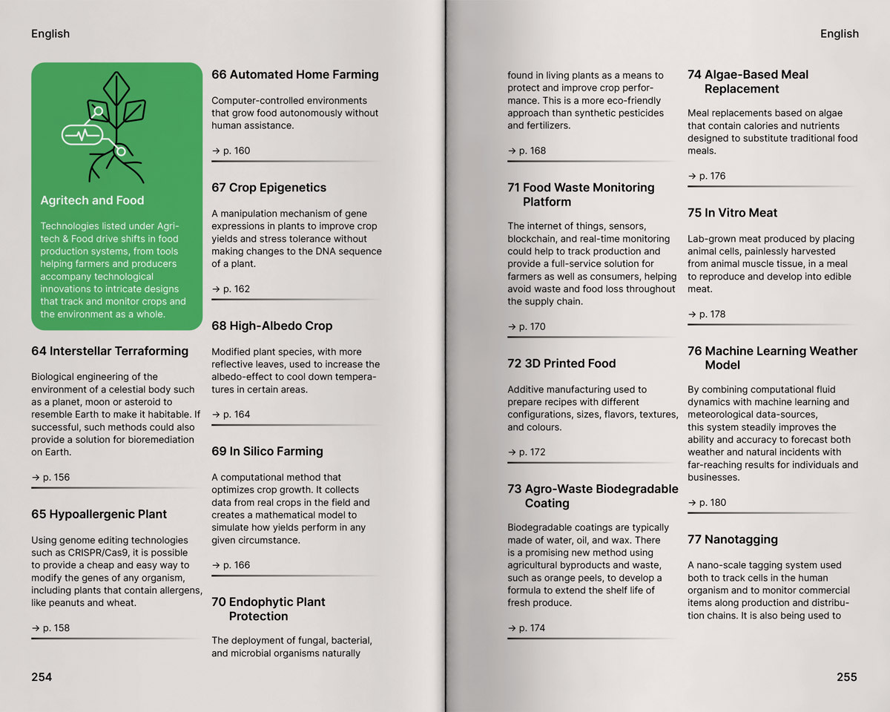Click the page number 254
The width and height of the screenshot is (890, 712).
coord(42,676)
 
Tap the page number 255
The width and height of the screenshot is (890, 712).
coord(846,676)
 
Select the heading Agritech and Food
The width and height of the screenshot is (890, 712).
coord(92,200)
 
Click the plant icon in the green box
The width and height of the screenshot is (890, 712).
coord(111,126)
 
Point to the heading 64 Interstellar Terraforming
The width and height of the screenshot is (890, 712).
coord(110,351)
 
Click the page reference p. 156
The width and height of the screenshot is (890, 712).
coord(51,477)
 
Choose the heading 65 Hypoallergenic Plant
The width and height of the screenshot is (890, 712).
coord(99,514)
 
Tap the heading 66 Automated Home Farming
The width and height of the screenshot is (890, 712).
coord(295,74)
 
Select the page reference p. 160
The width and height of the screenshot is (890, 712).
coord(231,151)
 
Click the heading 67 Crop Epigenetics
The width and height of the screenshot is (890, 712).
coord(268,188)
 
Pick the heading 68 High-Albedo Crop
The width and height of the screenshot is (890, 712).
coord(271,326)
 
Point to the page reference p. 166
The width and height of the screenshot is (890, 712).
coord(231,565)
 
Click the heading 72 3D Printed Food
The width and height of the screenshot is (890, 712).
coord(561,363)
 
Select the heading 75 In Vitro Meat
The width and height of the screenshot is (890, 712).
coord(733,213)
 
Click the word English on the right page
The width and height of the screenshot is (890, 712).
coord(839,33)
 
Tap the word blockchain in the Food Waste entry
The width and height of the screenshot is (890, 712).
coord(535,239)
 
